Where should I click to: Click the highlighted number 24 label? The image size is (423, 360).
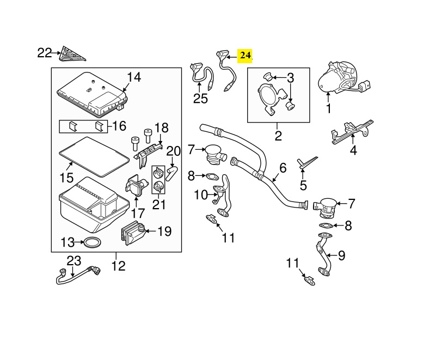[x=246, y=56]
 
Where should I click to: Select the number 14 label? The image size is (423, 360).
[x=134, y=77]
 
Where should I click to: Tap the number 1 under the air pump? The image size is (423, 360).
[x=329, y=108]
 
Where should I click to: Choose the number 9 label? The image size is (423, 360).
[x=341, y=254]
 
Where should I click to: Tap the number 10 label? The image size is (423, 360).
[x=200, y=194]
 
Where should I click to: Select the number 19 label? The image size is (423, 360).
[x=164, y=231]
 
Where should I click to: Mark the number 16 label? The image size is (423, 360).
[x=119, y=126]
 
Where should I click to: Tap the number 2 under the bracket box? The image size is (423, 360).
[x=278, y=135]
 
